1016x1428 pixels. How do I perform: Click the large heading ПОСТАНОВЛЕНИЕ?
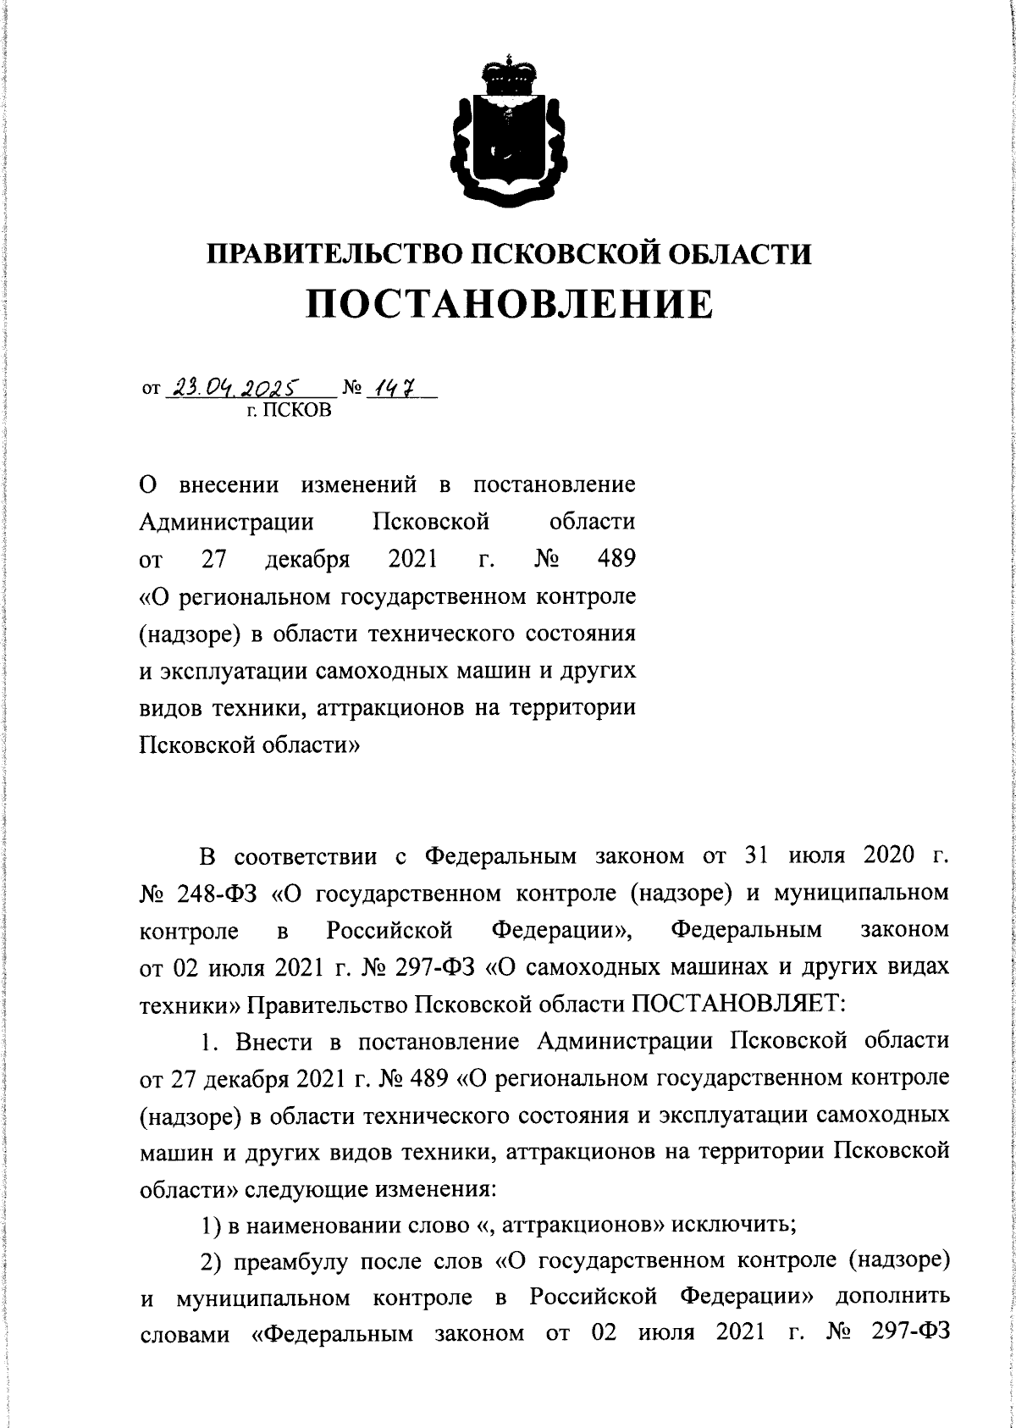[509, 304]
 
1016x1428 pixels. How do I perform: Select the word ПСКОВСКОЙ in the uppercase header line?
[552, 254]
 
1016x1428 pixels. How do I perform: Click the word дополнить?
[893, 1297]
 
